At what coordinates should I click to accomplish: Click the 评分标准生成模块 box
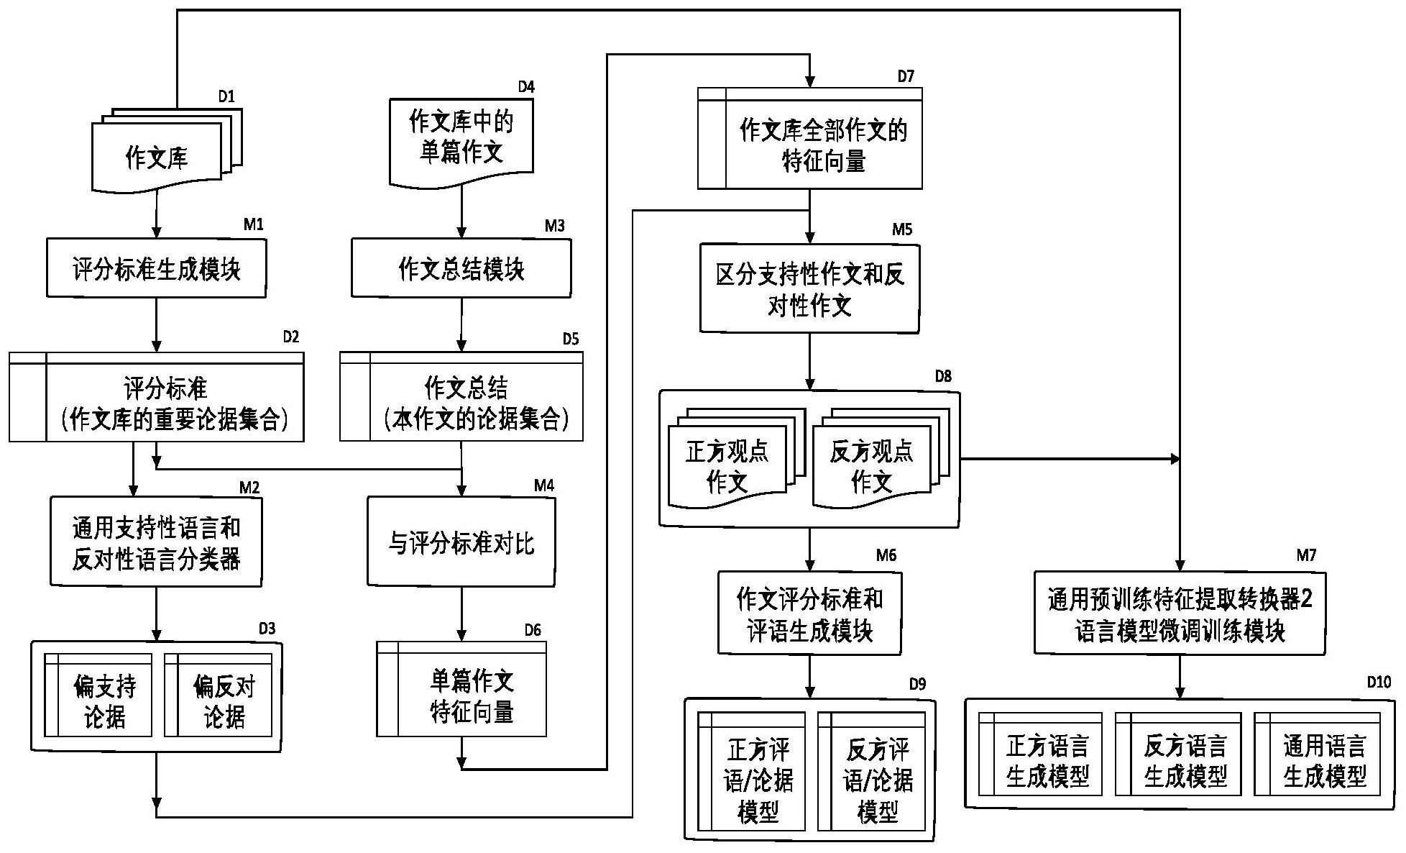click(156, 268)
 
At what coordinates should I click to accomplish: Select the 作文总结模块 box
click(461, 268)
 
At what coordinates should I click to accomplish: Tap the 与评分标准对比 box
click(461, 542)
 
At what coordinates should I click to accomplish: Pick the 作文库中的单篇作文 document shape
click(461, 138)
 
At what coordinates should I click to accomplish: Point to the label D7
click(905, 76)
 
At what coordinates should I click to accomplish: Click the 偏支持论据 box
click(98, 695)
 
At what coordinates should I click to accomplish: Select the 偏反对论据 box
click(219, 695)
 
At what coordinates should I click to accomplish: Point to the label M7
click(1306, 555)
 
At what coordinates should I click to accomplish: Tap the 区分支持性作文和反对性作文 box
click(809, 289)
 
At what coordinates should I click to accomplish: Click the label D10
click(1379, 682)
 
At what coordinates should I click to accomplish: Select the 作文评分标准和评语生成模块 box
click(809, 613)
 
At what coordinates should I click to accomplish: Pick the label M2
click(249, 488)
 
